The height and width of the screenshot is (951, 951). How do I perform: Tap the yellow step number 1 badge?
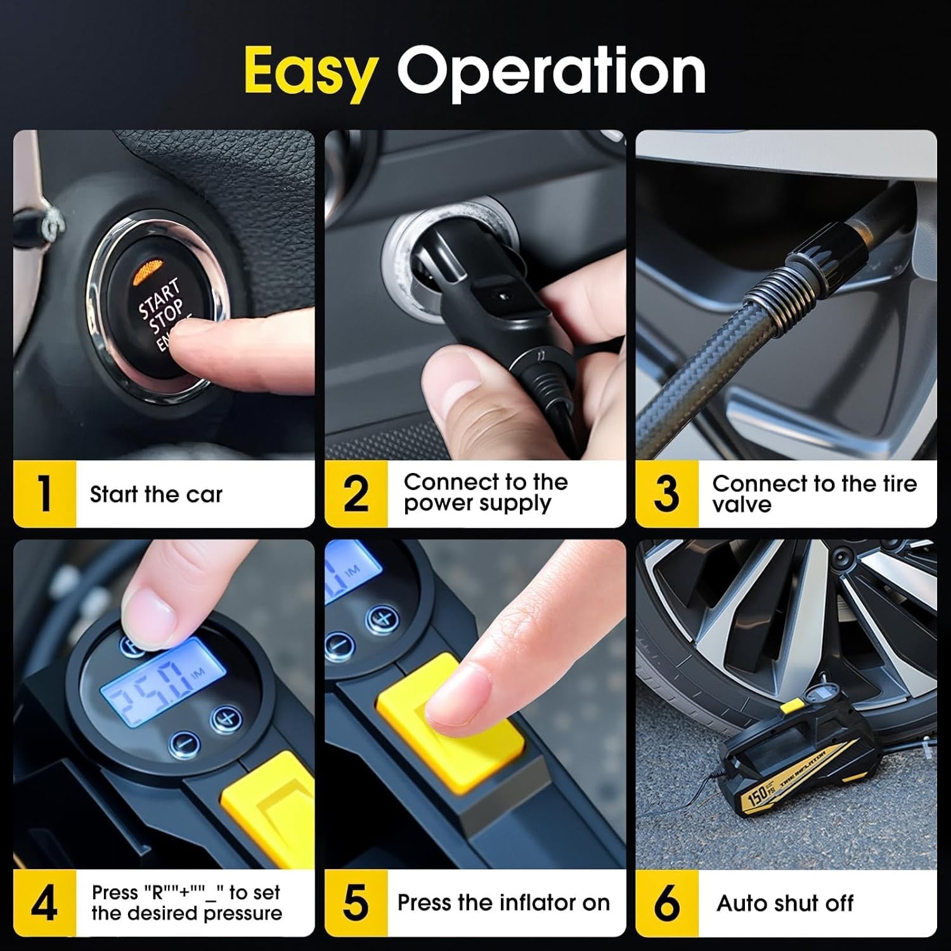44,494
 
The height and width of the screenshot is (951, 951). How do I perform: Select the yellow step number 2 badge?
356,494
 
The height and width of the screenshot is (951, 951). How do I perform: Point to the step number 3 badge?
666,494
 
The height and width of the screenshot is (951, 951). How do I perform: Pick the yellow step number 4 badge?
44,903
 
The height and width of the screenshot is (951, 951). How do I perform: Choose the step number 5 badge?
356,903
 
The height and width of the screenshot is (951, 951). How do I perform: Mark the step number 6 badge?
666,903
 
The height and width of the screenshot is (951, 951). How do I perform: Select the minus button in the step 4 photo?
184,742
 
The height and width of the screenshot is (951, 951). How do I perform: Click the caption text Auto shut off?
785,903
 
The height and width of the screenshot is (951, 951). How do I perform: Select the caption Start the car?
156,494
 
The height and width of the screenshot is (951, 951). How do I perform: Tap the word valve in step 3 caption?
741,505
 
